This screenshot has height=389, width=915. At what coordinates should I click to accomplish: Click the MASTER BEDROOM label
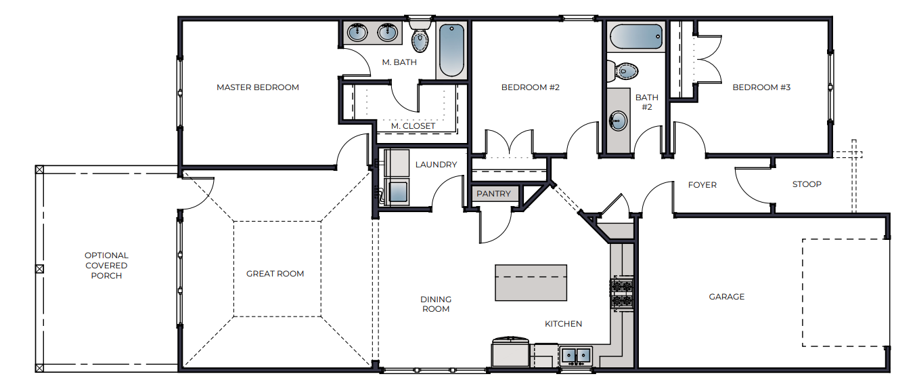click(257, 87)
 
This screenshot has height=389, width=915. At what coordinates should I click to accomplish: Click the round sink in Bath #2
click(617, 121)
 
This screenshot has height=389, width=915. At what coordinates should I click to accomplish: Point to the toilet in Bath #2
click(623, 70)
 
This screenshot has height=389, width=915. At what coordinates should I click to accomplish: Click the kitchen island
click(531, 283)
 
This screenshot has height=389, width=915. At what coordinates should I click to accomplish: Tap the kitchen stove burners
click(621, 293)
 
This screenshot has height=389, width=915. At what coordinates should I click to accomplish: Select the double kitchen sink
click(576, 354)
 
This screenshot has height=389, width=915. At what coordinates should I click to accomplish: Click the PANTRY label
click(493, 194)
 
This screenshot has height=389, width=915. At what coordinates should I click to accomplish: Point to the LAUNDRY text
click(436, 165)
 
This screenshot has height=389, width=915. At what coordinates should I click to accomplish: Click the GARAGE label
click(726, 297)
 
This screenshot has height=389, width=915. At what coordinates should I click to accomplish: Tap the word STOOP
click(807, 184)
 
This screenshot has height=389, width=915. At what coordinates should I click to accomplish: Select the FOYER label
click(702, 185)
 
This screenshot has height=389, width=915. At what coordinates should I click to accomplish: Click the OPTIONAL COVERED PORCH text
click(106, 266)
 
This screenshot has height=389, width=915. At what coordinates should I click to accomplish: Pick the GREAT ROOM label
click(275, 274)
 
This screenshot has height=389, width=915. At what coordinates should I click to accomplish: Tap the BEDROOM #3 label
click(761, 87)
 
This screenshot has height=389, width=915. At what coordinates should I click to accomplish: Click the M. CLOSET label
click(413, 126)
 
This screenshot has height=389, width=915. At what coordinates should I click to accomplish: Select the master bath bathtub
click(451, 51)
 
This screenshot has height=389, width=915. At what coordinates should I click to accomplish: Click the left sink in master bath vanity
click(357, 32)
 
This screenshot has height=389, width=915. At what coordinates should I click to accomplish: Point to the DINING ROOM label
click(436, 304)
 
